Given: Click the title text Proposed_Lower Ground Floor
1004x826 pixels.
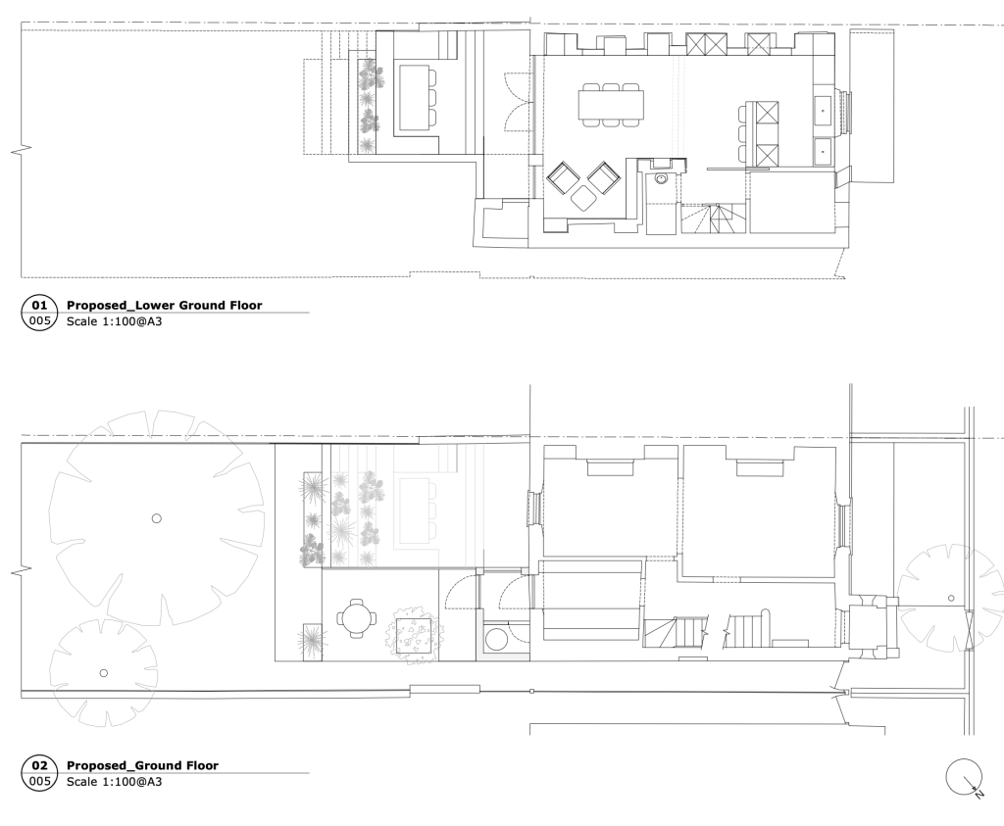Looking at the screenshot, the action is coord(165,305).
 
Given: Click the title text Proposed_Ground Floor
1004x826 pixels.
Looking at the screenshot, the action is coord(142,765).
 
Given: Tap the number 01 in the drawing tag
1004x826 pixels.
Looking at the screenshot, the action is coord(39,305).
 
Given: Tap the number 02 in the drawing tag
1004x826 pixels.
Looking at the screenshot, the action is coord(39,765).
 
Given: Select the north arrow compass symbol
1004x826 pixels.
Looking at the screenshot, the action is coord(965,777).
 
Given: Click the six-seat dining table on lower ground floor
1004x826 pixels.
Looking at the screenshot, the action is coord(611,104).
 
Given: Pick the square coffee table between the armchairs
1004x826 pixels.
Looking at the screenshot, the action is coord(583,198).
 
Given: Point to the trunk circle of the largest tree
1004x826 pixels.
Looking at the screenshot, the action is coord(156,518).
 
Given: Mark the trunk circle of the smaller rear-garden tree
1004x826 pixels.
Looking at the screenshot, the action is coord(104,673).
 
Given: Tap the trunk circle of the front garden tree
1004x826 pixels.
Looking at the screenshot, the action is coord(951,599).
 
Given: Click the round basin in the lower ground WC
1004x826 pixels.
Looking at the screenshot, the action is coord(661,178).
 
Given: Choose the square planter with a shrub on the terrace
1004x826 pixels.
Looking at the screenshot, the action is coord(414,633).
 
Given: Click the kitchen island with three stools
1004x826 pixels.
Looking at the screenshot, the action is coord(760,133).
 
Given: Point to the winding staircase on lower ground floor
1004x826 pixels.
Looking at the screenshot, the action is coord(713,219).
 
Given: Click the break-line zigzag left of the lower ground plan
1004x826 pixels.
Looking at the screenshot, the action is coord(22,151).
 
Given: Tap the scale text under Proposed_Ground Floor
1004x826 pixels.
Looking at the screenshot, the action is coord(114,781).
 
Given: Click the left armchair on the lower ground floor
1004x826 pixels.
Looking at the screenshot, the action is coord(563,178).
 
